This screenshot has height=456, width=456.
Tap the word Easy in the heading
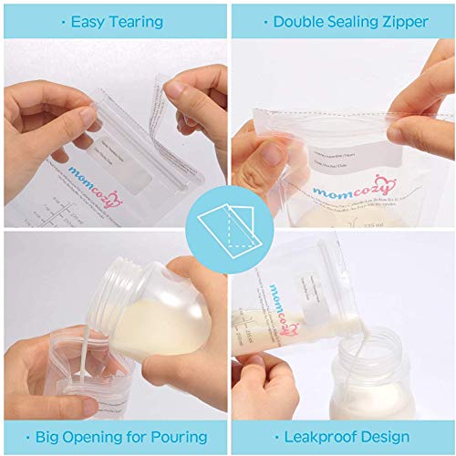click(x=86, y=21)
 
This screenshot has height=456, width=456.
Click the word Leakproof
click(x=319, y=434)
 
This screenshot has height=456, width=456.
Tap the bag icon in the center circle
click(x=227, y=225)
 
